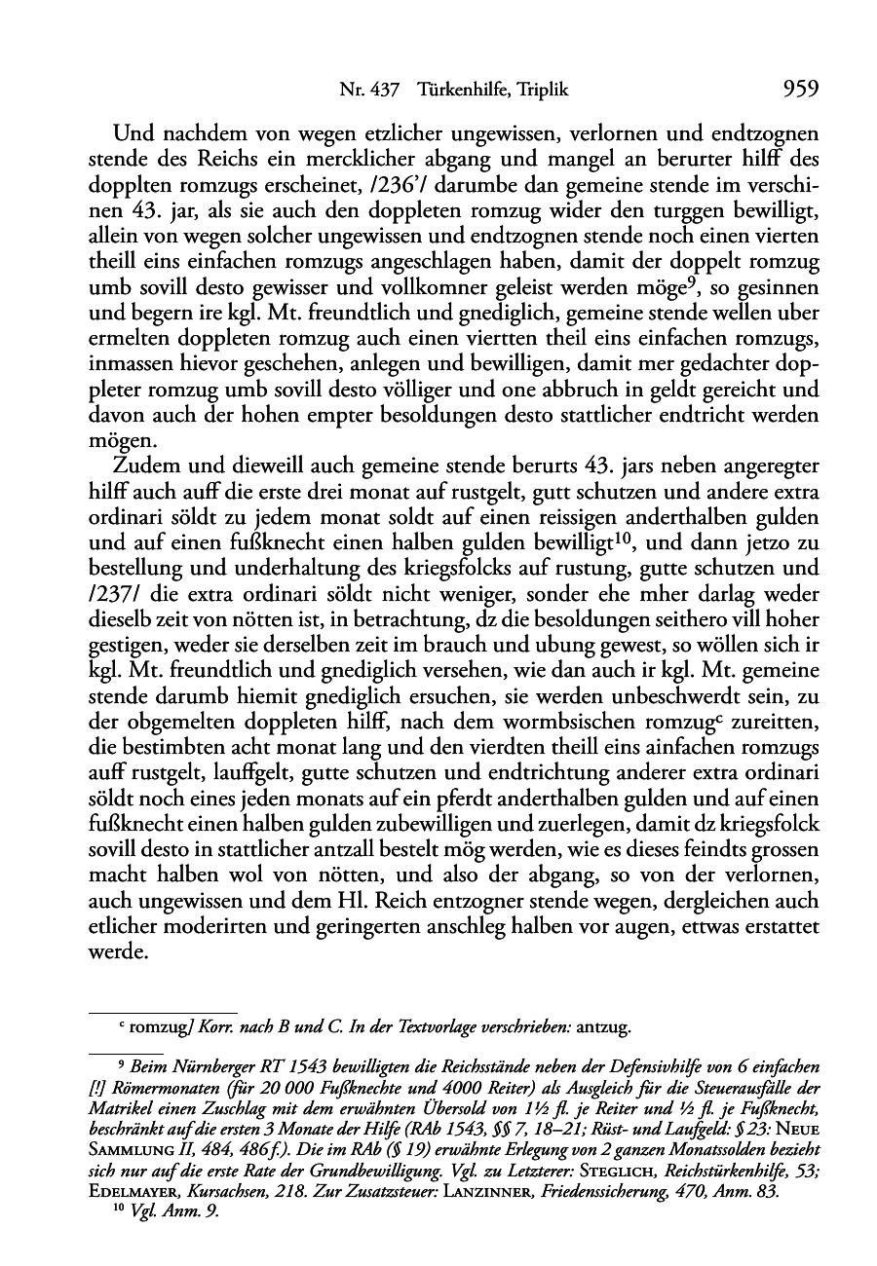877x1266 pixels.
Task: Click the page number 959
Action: click(799, 91)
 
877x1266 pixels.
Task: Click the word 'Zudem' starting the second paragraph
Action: click(143, 465)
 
